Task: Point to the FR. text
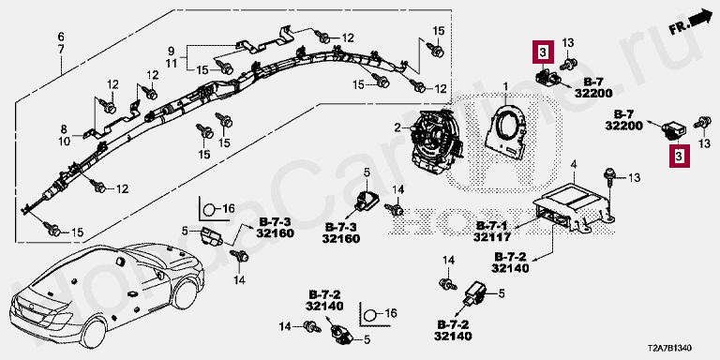pos(680,28)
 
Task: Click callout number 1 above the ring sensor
pos(505,86)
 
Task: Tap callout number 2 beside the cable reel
pos(397,127)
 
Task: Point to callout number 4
pos(574,165)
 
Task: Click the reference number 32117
pos(491,237)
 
